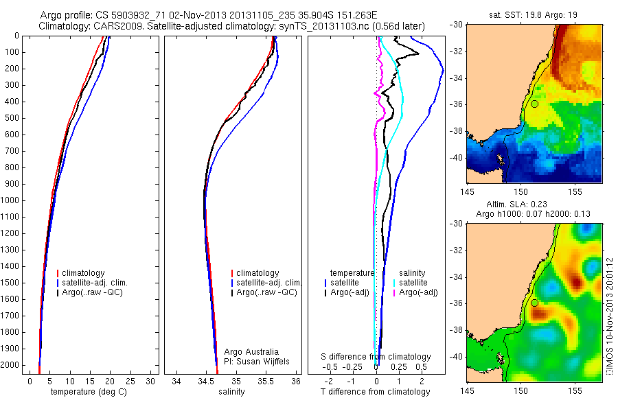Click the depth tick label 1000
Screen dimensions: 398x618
point(11,200)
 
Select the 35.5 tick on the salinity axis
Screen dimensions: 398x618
point(266,381)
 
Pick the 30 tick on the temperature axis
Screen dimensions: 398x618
point(152,381)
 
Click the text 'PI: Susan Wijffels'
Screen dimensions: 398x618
point(258,360)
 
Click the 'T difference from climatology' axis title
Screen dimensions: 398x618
point(375,392)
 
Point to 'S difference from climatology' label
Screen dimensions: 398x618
point(376,357)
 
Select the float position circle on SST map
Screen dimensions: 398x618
point(534,104)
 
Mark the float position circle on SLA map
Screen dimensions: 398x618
point(534,303)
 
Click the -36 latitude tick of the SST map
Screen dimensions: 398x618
point(456,104)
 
